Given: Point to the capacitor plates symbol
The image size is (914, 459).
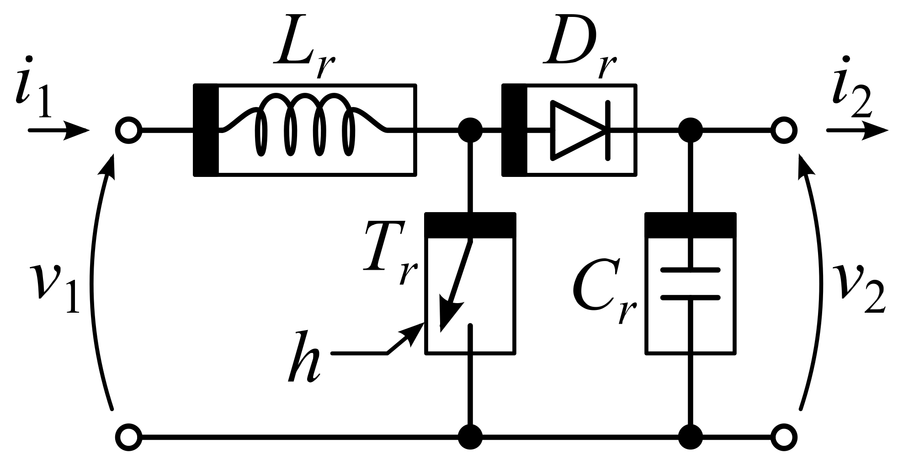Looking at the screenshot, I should [691, 284].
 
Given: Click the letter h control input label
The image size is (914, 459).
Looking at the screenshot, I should [304, 357].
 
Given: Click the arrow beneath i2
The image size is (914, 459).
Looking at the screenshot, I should [857, 130].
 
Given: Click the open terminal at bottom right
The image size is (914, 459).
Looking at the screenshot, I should [784, 438].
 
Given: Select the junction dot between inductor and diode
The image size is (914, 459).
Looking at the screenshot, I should [470, 130].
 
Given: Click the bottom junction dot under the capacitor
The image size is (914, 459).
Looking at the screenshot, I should [690, 438].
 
